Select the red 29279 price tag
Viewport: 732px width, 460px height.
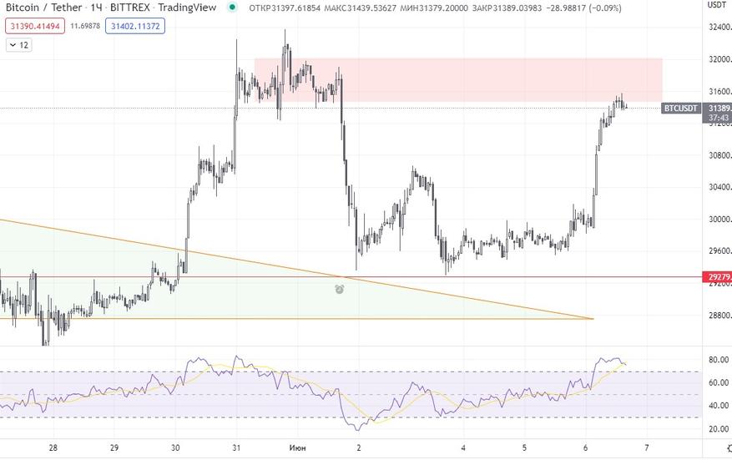coord(718,277)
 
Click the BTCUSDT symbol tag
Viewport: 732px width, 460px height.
coord(680,109)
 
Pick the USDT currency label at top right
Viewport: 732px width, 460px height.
coord(717,4)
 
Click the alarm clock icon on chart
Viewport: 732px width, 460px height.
coord(341,289)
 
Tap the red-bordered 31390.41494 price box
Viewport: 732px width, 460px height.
coord(34,26)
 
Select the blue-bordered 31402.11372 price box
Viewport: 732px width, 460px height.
coord(134,26)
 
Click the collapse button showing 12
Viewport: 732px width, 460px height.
coord(18,45)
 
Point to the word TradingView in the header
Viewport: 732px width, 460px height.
coord(187,8)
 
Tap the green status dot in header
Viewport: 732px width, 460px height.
coord(231,8)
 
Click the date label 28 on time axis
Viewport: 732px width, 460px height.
coord(53,447)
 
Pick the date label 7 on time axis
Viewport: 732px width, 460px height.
coord(647,447)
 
